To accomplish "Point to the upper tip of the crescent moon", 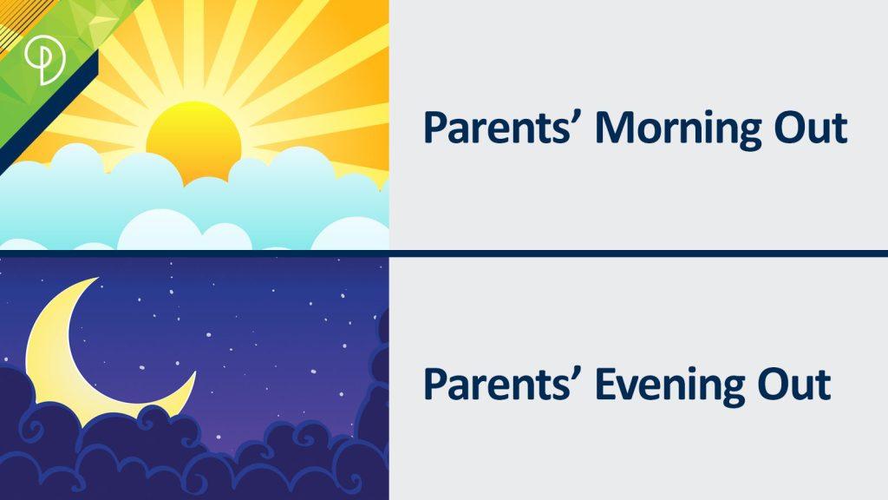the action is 98,279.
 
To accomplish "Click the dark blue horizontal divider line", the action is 444,253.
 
